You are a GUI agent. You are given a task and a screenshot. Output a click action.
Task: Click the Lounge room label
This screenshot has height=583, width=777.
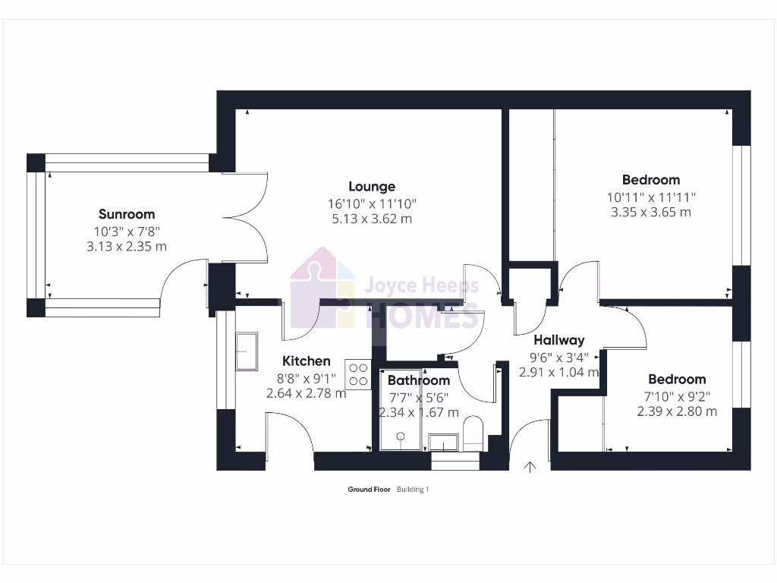click(372, 186)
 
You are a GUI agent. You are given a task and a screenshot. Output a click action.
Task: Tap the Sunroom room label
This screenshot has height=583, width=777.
click(127, 214)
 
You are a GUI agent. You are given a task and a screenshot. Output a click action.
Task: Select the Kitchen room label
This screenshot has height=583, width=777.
click(306, 361)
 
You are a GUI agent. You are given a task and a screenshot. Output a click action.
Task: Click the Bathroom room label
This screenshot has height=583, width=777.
click(418, 380)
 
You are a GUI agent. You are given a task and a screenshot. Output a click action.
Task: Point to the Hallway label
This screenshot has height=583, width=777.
click(558, 340)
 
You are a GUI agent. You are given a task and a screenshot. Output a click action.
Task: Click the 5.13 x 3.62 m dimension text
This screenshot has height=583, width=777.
click(372, 219)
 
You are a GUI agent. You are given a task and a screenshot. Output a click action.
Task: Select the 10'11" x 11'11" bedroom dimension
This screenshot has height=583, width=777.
click(651, 197)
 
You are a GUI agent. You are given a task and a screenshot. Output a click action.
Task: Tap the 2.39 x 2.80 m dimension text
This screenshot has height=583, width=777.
click(677, 411)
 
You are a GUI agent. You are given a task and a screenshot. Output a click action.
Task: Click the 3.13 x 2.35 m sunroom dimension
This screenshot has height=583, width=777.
click(127, 246)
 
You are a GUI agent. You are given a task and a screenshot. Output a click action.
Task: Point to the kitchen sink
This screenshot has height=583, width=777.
click(247, 351)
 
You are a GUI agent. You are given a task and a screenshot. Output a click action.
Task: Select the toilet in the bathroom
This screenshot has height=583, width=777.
click(472, 433)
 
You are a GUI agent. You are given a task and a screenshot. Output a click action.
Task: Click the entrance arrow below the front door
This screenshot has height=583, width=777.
click(530, 467)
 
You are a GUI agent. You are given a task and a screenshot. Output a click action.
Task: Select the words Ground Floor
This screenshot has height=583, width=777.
click(369, 490)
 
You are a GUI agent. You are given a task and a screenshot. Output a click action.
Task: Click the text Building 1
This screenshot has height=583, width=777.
click(413, 490)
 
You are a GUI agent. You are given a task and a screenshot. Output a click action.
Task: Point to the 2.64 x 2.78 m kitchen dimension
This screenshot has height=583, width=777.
click(306, 393)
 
